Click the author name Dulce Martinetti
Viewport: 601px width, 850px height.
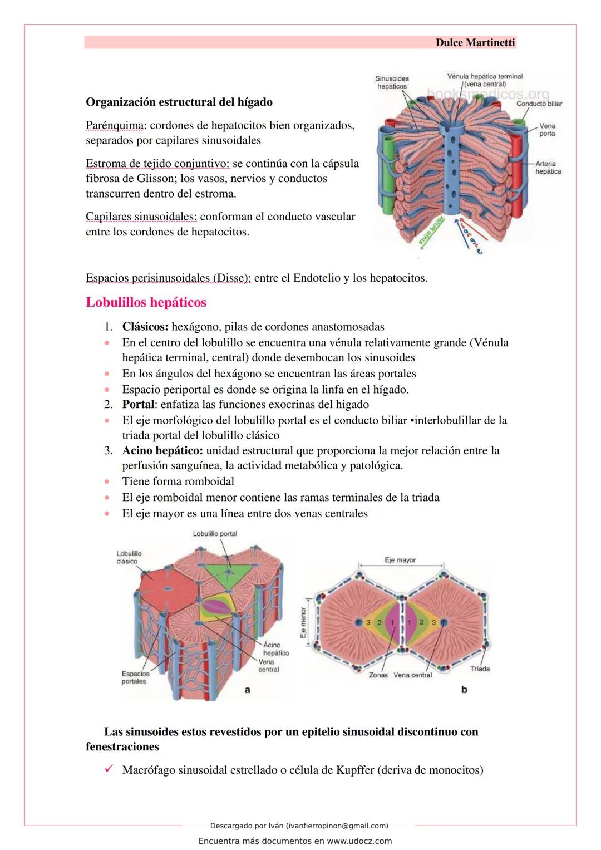(475, 43)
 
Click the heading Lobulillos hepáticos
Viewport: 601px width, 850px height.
(146, 303)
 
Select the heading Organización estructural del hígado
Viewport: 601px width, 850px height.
(179, 102)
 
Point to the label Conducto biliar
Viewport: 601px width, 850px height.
(539, 104)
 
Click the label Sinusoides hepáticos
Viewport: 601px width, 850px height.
(392, 83)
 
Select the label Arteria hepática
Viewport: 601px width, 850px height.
(548, 168)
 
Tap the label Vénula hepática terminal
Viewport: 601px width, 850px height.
(485, 77)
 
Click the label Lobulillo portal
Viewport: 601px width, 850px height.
(215, 534)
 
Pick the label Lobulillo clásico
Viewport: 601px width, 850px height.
(129, 557)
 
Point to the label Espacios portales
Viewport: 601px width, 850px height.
(135, 677)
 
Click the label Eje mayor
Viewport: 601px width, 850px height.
(400, 560)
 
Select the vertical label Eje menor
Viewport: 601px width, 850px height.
(304, 622)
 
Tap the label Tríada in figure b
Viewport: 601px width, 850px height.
(480, 669)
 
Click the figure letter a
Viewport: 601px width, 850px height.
(248, 690)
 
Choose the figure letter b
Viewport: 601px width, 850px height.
(464, 690)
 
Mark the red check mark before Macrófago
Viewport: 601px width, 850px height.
(109, 770)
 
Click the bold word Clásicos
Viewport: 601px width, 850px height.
(145, 327)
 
